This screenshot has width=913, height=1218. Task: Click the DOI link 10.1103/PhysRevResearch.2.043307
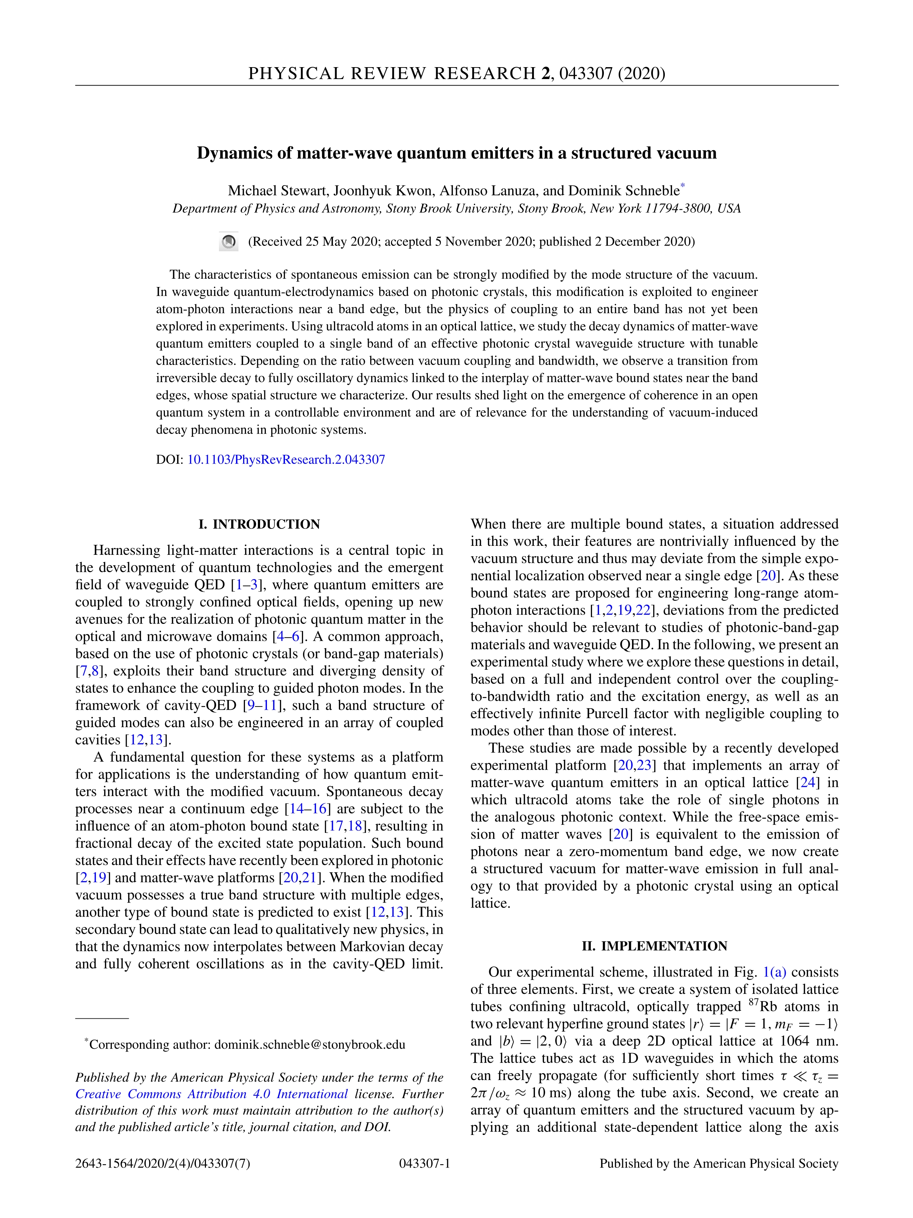(x=286, y=460)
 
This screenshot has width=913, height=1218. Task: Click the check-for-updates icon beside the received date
(x=228, y=242)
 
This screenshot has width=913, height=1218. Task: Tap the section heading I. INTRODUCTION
(x=259, y=524)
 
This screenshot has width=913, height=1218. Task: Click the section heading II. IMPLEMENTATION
(x=654, y=946)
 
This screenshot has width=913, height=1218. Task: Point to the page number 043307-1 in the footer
(x=424, y=1163)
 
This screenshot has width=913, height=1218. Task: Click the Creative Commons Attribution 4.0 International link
(x=211, y=1094)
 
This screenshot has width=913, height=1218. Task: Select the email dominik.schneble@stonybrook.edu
(x=309, y=1045)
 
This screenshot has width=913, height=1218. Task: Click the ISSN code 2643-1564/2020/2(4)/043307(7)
(x=163, y=1163)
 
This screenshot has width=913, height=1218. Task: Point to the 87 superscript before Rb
(x=754, y=1003)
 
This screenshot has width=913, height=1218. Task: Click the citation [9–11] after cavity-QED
(x=262, y=705)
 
